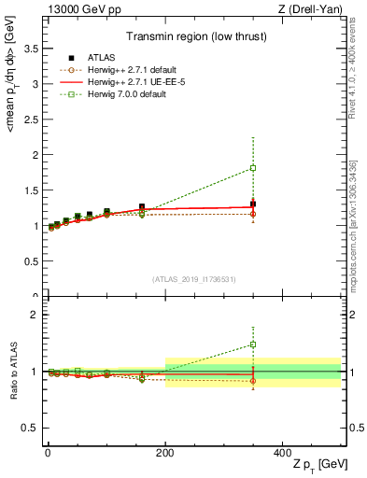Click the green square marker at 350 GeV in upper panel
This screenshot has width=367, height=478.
point(253,168)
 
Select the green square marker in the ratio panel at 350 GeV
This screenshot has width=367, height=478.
point(253,344)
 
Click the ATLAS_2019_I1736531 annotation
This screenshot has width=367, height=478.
point(193,278)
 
